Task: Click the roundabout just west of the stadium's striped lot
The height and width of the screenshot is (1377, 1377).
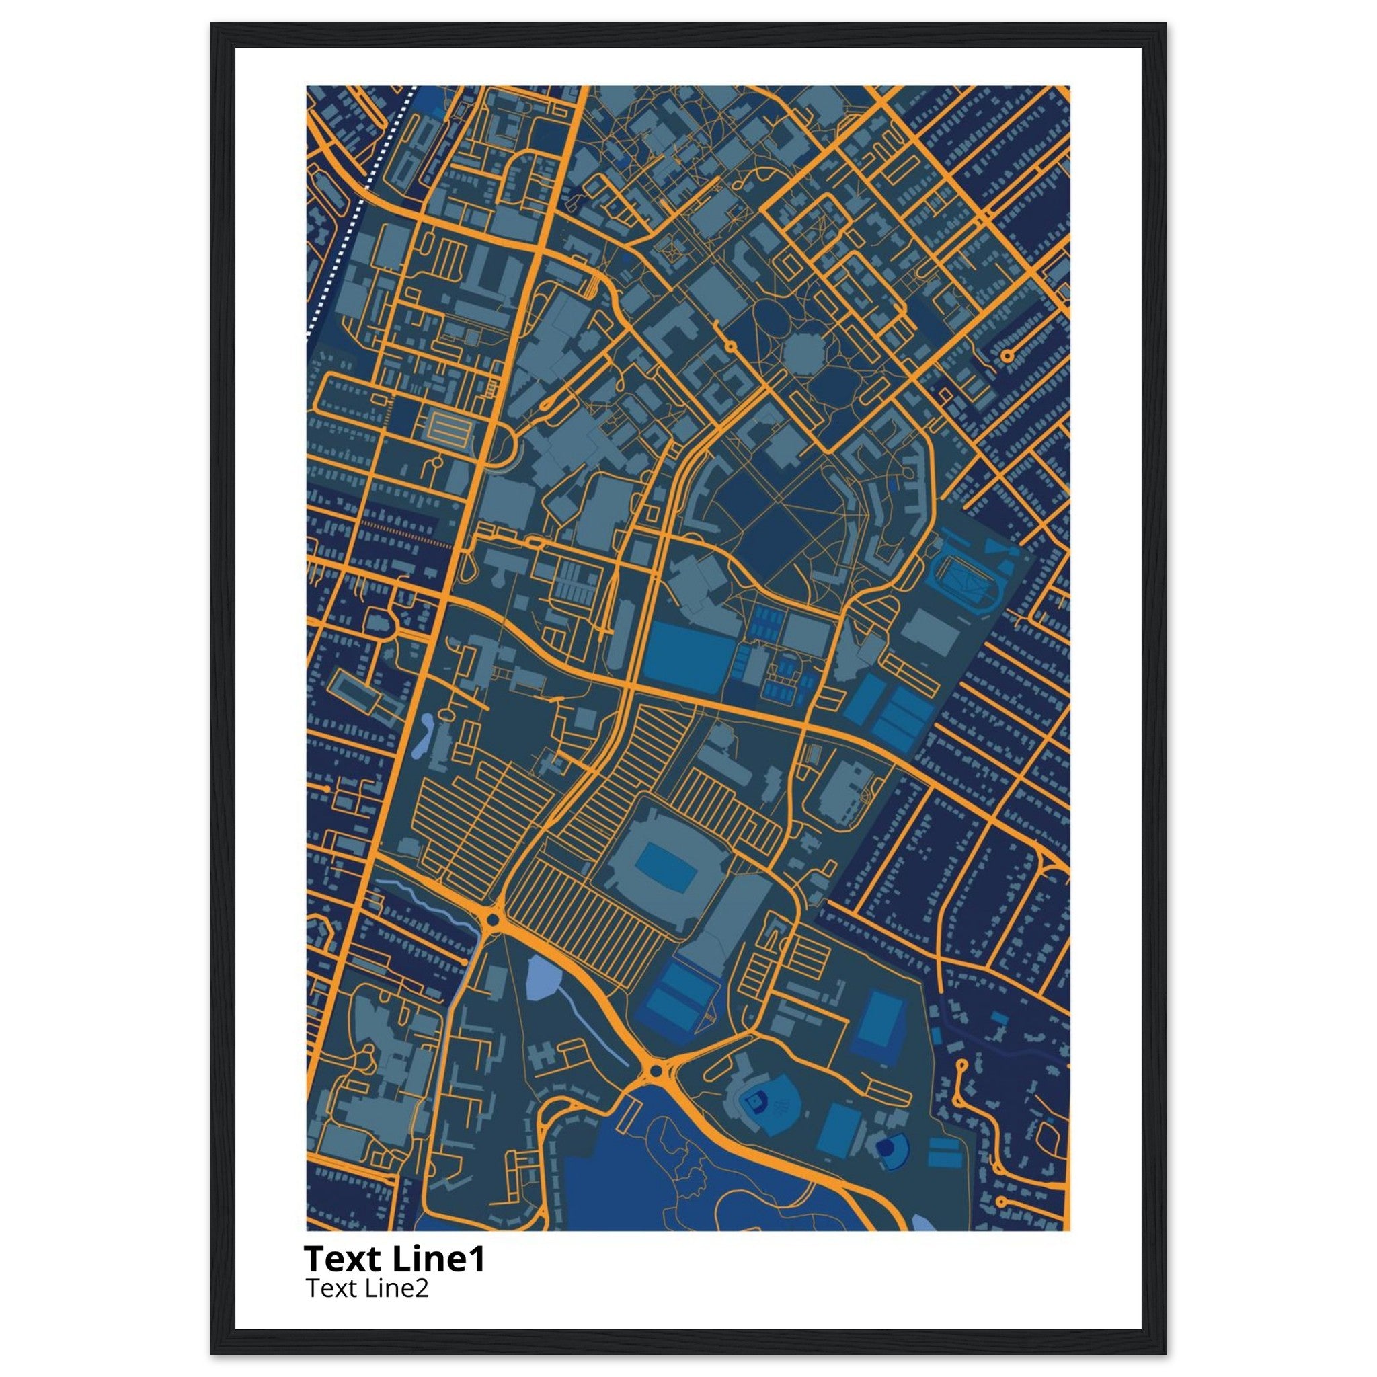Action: (491, 921)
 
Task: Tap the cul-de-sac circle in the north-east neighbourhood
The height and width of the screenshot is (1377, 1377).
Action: (1007, 355)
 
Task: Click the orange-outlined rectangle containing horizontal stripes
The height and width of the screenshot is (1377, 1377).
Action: (449, 429)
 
